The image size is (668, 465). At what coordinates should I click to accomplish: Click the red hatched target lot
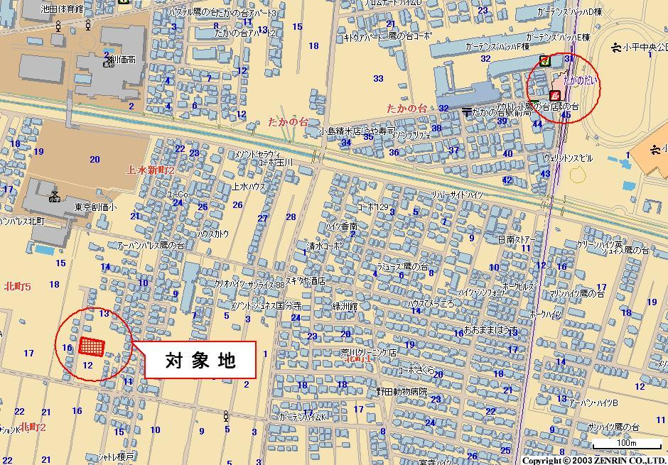tap(92, 346)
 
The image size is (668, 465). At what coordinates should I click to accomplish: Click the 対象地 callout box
tap(200, 361)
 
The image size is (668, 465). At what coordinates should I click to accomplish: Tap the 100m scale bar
tap(627, 446)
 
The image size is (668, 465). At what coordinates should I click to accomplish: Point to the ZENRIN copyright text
tap(593, 460)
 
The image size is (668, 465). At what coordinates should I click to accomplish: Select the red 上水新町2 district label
tap(150, 170)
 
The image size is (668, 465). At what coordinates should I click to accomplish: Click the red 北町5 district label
tap(17, 287)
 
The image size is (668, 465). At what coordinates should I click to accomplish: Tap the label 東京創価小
tap(96, 207)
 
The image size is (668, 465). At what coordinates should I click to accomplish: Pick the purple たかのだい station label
tap(580, 81)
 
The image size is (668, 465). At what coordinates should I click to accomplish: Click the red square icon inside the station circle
tap(554, 94)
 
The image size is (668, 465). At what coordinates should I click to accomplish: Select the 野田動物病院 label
tap(402, 391)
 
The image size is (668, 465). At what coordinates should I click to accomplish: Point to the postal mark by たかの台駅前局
tap(466, 112)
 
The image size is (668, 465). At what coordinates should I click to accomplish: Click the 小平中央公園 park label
tap(644, 48)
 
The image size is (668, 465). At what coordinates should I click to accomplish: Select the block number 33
tap(378, 79)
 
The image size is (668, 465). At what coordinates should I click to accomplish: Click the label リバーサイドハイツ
tap(457, 195)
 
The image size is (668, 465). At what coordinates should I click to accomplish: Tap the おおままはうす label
tap(491, 330)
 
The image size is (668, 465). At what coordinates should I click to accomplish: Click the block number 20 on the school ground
tap(95, 159)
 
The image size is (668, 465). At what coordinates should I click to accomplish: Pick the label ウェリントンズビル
tap(568, 158)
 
